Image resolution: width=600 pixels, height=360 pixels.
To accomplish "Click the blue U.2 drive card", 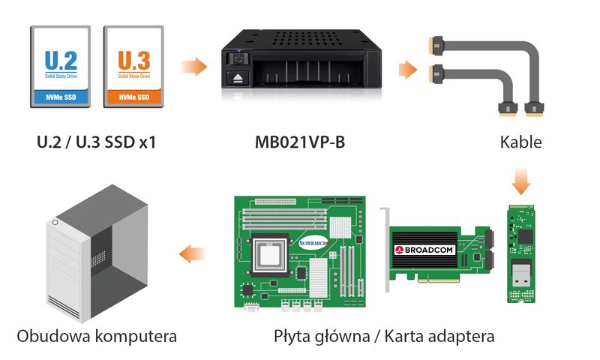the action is [61, 67].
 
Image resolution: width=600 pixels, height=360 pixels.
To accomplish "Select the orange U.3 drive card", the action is [133, 67].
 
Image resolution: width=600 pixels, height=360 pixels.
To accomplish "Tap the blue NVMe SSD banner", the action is [61, 97].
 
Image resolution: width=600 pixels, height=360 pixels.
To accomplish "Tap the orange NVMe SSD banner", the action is [133, 97].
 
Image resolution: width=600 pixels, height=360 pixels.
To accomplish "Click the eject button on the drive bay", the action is [238, 78].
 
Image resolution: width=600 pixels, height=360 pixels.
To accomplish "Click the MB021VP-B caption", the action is [300, 142].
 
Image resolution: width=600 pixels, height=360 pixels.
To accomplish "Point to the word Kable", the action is [520, 142].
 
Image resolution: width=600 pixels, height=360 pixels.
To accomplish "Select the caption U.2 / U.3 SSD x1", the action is [97, 142].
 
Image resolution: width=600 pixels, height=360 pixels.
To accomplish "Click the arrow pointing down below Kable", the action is [521, 181].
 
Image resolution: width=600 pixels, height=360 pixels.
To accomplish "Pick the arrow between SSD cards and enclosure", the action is [193, 67].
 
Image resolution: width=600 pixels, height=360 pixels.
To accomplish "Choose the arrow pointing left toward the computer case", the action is [193, 253].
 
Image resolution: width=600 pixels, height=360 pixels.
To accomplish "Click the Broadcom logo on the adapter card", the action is [424, 250].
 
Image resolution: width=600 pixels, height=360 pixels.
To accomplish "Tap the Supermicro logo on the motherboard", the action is [313, 243].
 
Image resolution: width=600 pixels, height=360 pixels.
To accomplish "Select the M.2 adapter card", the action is [520, 253].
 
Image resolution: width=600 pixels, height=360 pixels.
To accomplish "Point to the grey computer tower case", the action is [97, 253].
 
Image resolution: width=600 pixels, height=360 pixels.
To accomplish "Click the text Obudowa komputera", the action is [97, 336].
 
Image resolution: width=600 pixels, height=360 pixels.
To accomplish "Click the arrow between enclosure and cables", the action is [408, 70].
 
